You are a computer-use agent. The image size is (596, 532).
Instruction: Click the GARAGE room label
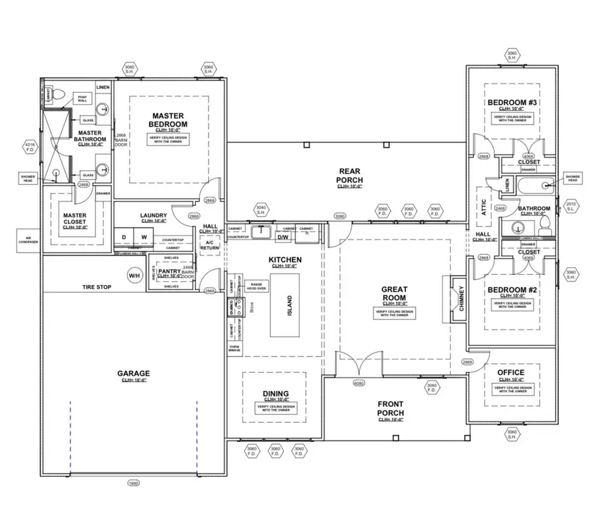pos(134,374)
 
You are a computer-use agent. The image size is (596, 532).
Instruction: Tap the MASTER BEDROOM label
pos(169,120)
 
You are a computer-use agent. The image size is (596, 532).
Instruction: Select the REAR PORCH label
pos(350,176)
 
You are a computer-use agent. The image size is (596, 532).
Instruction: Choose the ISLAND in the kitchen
pos(289,305)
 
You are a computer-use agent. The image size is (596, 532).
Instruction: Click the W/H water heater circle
pos(134,275)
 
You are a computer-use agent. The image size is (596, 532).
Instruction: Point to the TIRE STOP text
pos(97,287)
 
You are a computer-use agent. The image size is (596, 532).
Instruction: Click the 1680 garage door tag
pos(134,483)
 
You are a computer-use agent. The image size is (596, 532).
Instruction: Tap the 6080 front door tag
pos(359,384)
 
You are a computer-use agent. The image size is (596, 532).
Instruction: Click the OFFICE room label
pos(511,372)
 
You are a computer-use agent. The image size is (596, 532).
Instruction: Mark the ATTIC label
pos(483,209)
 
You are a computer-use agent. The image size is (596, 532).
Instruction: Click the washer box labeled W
pos(144,237)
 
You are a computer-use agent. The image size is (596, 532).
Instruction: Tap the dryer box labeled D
pos(123,237)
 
